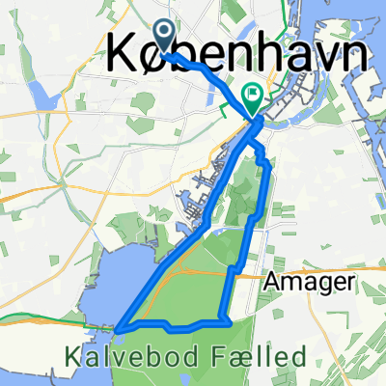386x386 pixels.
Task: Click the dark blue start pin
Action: (163, 37)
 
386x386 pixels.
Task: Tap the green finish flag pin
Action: (253, 96)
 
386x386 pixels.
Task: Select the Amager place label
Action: (309, 285)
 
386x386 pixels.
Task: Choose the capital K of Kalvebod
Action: (74, 357)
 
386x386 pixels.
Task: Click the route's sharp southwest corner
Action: (118, 328)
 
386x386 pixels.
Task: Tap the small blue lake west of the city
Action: (38, 95)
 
